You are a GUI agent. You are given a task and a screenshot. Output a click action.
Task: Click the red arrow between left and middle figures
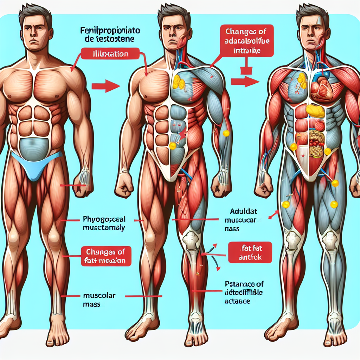105,85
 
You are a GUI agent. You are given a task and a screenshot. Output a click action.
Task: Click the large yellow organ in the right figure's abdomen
315,111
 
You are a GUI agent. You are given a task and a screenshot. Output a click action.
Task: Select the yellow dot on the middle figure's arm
226,133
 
